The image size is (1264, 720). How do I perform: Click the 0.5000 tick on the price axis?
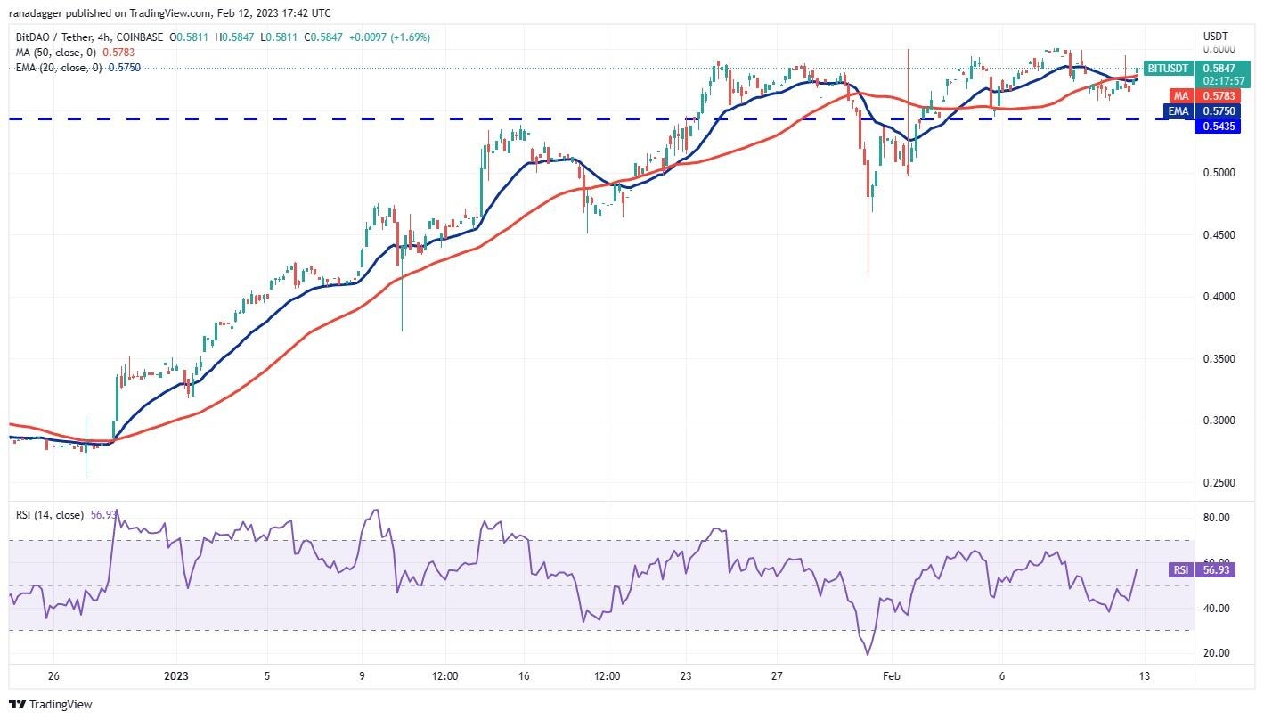tap(1217, 172)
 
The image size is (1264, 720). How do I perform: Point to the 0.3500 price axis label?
tap(1217, 358)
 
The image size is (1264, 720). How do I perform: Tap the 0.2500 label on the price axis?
tap(1217, 482)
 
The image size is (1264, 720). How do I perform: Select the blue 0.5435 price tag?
tap(1214, 127)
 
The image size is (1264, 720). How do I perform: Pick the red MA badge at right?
tap(1181, 95)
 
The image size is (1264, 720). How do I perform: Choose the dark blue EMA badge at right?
tap(1179, 111)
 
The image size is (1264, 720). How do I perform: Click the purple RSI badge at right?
tap(1180, 570)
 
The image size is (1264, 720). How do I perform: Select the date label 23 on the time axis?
tap(685, 676)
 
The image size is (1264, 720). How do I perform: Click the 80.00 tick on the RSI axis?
tap(1217, 517)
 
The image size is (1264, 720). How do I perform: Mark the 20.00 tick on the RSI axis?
tap(1217, 652)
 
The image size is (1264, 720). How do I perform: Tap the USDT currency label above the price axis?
tap(1215, 36)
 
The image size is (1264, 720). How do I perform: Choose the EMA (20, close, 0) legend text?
tap(58, 68)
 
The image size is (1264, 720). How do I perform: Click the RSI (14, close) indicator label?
tap(50, 515)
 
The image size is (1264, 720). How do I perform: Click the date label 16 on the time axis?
tap(524, 676)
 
